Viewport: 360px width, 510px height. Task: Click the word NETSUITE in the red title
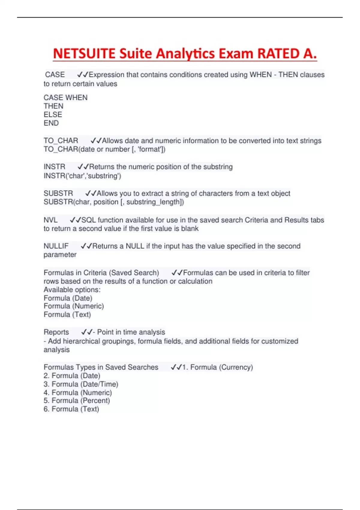pyautogui.click(x=84, y=54)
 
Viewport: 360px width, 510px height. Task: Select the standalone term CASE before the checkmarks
pyautogui.click(x=55, y=75)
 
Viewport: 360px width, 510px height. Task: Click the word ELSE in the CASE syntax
pyautogui.click(x=53, y=115)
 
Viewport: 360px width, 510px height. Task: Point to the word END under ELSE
pyautogui.click(x=51, y=123)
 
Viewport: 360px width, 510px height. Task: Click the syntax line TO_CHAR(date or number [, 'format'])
pyautogui.click(x=104, y=149)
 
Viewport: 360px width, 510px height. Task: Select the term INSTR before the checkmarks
pyautogui.click(x=54, y=167)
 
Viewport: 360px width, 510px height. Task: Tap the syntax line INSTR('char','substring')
pyautogui.click(x=82, y=176)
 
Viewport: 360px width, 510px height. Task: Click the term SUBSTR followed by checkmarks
pyautogui.click(x=58, y=193)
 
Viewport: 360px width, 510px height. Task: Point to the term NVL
pyautogui.click(x=50, y=220)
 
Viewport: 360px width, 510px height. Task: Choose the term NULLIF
pyautogui.click(x=56, y=246)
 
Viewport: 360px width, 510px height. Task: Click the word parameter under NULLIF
pyautogui.click(x=60, y=255)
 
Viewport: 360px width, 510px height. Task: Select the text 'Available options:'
pyautogui.click(x=72, y=290)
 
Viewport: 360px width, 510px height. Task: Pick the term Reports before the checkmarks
pyautogui.click(x=56, y=332)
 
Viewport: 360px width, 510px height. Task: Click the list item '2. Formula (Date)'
pyautogui.click(x=72, y=376)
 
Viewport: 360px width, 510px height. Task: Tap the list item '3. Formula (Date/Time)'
pyautogui.click(x=81, y=384)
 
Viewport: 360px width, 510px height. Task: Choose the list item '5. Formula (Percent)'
pyautogui.click(x=76, y=400)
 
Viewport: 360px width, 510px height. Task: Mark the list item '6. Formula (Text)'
pyautogui.click(x=71, y=409)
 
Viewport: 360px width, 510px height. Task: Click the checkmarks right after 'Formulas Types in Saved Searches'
pyautogui.click(x=176, y=367)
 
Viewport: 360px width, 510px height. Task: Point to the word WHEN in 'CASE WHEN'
pyautogui.click(x=76, y=98)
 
